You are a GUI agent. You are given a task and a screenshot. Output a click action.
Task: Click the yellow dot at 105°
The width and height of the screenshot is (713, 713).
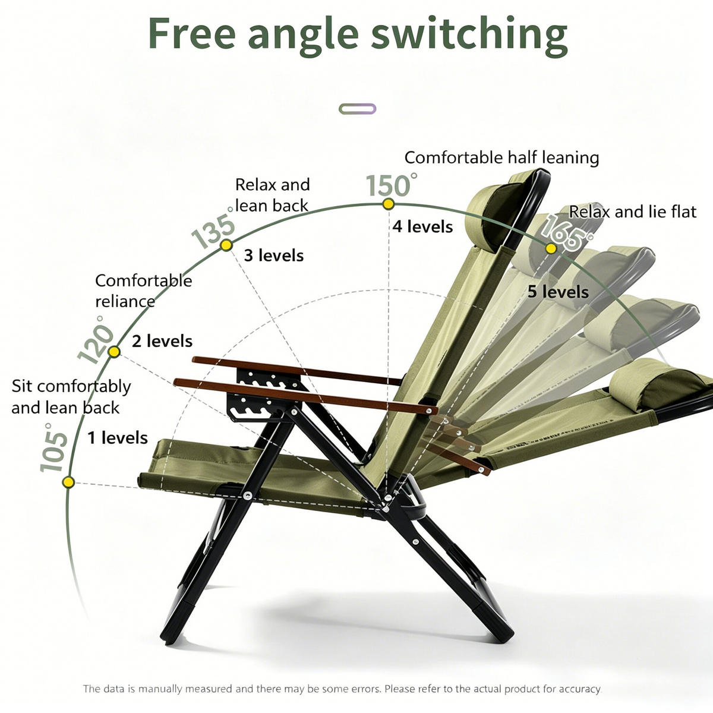tap(68, 482)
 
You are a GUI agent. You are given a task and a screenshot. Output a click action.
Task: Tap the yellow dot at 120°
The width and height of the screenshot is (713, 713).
tap(114, 352)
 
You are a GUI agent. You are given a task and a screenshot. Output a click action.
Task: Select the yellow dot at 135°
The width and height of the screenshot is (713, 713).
tap(226, 245)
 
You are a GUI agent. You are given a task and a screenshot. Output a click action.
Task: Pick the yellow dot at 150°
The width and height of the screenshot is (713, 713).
tap(388, 204)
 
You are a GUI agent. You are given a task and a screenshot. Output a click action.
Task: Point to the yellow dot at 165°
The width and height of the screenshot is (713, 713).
tap(551, 248)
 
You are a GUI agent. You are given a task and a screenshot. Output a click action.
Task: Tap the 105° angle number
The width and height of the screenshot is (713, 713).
tap(53, 448)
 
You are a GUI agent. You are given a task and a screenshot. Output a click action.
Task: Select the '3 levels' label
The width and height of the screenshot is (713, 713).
tap(274, 255)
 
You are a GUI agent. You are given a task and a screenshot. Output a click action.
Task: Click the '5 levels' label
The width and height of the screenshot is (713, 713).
tap(558, 292)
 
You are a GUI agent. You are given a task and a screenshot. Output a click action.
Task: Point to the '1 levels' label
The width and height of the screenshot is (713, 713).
tap(118, 438)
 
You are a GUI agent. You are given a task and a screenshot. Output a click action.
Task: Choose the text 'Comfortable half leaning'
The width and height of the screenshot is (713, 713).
tap(501, 157)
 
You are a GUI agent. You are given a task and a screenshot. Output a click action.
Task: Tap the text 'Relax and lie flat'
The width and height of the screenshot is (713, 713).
tap(632, 212)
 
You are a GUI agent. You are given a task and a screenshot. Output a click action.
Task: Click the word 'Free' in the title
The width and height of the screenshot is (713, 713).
tap(192, 33)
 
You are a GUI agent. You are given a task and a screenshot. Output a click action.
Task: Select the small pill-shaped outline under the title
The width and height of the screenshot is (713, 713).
tap(358, 109)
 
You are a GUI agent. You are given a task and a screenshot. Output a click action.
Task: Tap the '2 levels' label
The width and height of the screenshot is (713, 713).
tap(162, 341)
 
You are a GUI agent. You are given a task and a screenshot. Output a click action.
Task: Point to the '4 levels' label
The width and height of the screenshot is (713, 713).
tap(422, 227)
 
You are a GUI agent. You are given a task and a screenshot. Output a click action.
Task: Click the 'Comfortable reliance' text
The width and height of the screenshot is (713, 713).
tap(144, 291)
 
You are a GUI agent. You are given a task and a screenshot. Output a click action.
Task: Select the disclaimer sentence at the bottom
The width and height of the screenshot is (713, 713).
tap(342, 689)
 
